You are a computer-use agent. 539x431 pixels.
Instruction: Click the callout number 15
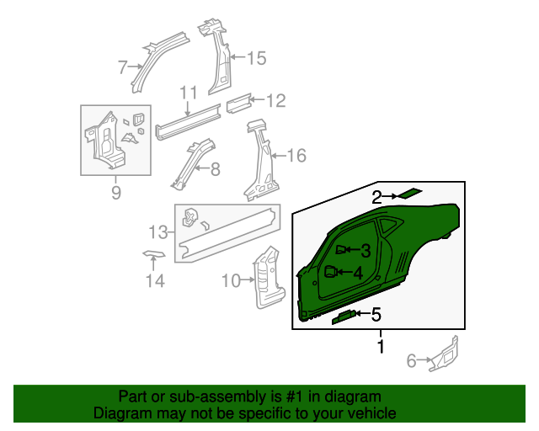[256, 58]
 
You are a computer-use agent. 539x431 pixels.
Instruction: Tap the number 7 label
[123, 67]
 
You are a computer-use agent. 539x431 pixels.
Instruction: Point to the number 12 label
[276, 101]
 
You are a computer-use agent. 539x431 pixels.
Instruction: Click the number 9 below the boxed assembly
[116, 192]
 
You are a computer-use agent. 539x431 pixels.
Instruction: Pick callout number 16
[296, 156]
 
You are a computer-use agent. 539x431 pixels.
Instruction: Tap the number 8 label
[216, 169]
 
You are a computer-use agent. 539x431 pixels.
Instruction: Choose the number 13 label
[158, 232]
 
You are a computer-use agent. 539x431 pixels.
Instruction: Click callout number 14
[155, 280]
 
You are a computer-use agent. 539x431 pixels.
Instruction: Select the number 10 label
[231, 280]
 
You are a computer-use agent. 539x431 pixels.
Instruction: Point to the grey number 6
[412, 360]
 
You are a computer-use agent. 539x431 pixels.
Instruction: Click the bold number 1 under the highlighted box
[381, 346]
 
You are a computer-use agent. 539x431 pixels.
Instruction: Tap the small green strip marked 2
[410, 193]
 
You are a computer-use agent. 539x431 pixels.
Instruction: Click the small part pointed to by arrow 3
[340, 249]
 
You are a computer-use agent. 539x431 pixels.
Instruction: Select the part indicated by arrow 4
[331, 272]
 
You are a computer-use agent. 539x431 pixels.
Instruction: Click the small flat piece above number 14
[154, 253]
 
